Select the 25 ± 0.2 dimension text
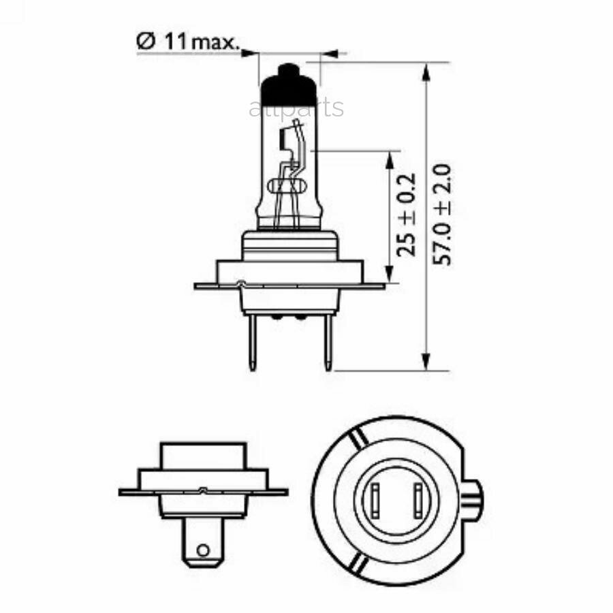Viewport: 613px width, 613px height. (406, 214)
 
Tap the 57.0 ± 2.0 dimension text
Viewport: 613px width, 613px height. (445, 214)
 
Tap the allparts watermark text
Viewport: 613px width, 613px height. (296, 108)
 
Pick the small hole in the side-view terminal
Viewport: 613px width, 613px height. (202, 550)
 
